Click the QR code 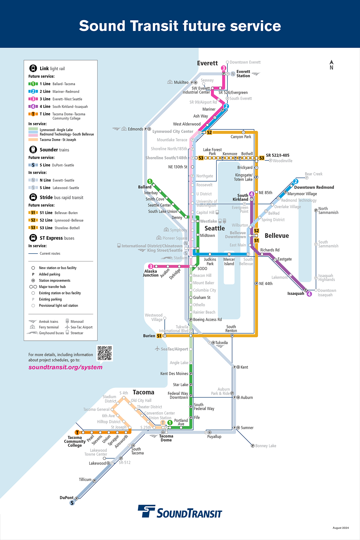click(x=105, y=353)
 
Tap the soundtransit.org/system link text click(x=65, y=367)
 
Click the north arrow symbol click(x=331, y=64)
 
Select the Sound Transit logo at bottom click(x=180, y=512)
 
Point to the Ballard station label click(x=145, y=187)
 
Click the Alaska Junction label click(x=151, y=273)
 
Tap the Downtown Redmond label click(x=314, y=187)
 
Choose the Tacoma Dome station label click(x=166, y=438)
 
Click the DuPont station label click(x=66, y=498)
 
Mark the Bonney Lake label click(x=265, y=446)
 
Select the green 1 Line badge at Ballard click(x=150, y=181)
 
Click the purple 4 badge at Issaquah click(x=309, y=294)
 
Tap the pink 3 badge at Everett click(x=223, y=68)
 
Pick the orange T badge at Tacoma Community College click(x=77, y=432)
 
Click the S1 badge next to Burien click(x=159, y=336)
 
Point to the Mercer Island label click(x=229, y=262)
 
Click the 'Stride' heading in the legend click(x=46, y=197)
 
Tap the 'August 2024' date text click(x=340, y=528)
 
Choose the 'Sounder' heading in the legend click(x=49, y=150)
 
